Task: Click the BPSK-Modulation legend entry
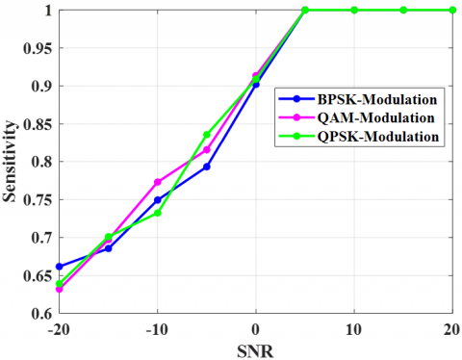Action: (x=357, y=99)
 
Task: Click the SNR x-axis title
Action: (x=255, y=351)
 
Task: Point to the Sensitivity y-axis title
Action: (x=9, y=162)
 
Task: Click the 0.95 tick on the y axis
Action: (x=38, y=48)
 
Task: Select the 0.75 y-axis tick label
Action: (x=38, y=200)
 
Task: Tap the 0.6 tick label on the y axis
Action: (x=42, y=314)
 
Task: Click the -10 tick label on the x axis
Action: (x=157, y=329)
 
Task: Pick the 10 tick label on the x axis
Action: (x=354, y=329)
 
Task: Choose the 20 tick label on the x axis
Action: (x=452, y=329)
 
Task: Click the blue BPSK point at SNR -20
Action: (x=59, y=267)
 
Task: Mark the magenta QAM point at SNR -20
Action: (x=59, y=289)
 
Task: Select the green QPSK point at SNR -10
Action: (x=158, y=213)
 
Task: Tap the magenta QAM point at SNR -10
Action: (x=158, y=182)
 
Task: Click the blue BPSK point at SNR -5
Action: (x=207, y=167)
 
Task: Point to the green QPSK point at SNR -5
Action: (x=207, y=135)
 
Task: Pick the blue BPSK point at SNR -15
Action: (x=109, y=248)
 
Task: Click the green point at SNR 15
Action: (x=403, y=10)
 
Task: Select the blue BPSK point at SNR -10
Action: (x=158, y=200)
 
